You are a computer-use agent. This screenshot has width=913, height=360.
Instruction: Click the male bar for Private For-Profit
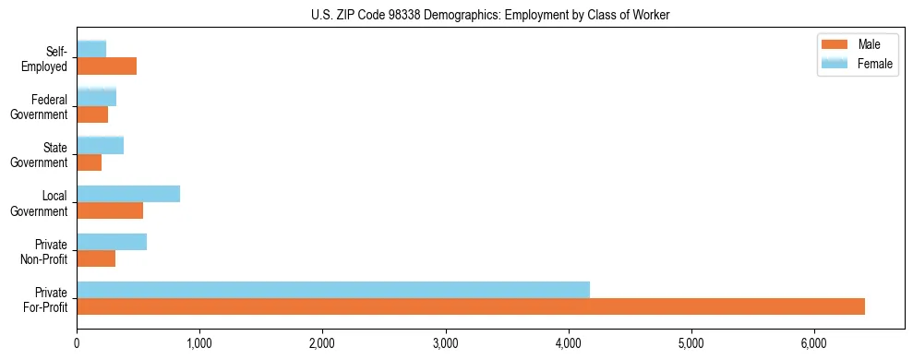pos(471,306)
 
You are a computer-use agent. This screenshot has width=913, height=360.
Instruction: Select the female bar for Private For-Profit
pos(333,290)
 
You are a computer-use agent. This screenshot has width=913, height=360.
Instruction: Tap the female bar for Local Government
pos(128,194)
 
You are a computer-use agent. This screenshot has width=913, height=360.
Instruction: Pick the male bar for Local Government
pos(110,210)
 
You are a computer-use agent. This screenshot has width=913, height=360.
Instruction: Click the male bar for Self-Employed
pos(107,66)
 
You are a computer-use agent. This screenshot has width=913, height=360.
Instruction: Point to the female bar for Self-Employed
pos(91,49)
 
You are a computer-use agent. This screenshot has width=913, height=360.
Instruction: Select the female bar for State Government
pos(101,145)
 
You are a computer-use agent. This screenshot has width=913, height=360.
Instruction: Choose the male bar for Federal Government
pos(92,114)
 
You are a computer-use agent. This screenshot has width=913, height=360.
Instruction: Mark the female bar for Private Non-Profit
pos(112,242)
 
